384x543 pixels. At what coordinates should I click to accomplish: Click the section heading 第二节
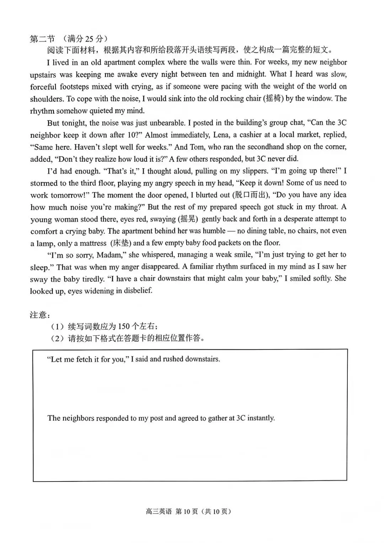[42, 38]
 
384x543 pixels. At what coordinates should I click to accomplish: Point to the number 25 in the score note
[90, 38]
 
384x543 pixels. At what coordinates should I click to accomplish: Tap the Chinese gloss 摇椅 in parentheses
[273, 99]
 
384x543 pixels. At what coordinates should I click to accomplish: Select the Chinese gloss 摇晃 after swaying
[188, 219]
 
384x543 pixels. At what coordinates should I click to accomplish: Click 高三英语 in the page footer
[159, 512]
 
